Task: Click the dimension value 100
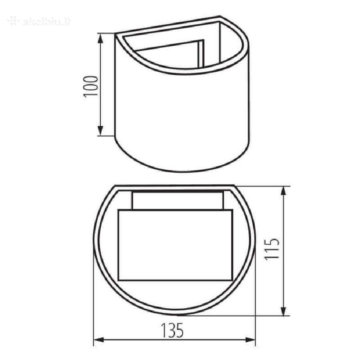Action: tap(91, 86)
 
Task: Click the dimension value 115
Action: tap(272, 249)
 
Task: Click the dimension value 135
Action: tap(172, 331)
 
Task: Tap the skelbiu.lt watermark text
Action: tap(47, 22)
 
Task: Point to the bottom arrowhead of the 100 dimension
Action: tap(100, 130)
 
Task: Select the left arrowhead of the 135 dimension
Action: tap(99, 340)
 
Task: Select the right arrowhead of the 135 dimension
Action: tap(250, 340)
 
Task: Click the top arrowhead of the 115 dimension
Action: tap(284, 192)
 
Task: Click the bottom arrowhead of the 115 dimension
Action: tap(284, 310)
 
